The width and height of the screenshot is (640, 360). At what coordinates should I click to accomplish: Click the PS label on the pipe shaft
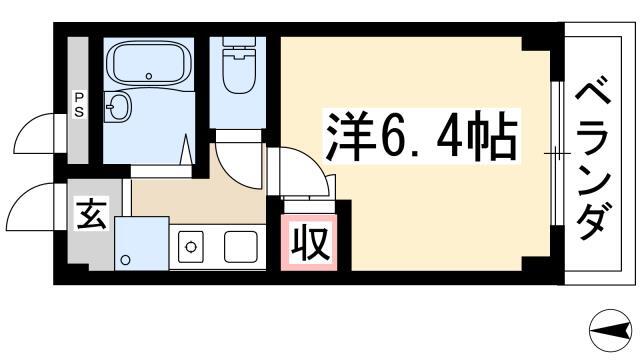[78, 104]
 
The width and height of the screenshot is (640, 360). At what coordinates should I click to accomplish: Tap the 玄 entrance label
[91, 214]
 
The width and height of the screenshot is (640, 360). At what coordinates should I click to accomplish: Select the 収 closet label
[309, 244]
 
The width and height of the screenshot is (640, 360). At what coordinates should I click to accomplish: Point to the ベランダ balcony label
[593, 158]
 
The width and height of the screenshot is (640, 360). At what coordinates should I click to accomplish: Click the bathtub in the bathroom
[149, 62]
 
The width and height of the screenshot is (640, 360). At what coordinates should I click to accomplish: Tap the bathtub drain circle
[149, 76]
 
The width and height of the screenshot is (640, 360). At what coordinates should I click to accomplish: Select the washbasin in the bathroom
[118, 107]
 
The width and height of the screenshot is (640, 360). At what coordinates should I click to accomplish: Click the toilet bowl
[240, 71]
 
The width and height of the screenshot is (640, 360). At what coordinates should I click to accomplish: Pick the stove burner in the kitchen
[191, 247]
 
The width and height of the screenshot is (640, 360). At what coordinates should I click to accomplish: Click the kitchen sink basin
[241, 247]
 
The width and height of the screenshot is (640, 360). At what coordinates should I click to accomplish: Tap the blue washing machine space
[142, 243]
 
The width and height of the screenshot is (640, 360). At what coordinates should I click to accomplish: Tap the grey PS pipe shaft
[78, 100]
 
